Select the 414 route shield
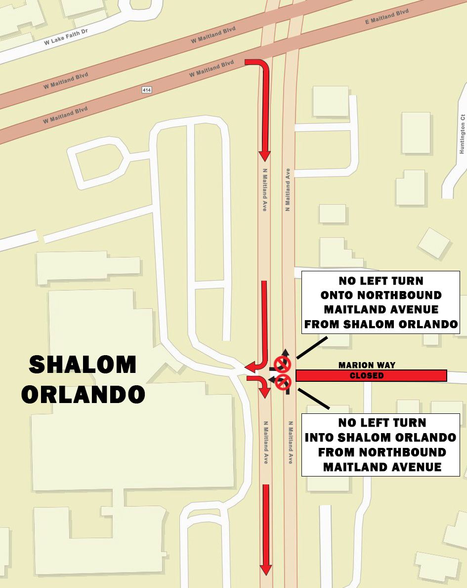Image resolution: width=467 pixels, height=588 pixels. click(x=146, y=90)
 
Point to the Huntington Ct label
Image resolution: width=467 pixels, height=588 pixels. click(x=463, y=134)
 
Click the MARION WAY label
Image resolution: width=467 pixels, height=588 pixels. click(x=367, y=366)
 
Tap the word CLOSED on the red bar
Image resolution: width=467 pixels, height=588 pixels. click(x=367, y=376)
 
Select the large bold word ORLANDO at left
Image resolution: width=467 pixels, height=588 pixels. click(x=83, y=394)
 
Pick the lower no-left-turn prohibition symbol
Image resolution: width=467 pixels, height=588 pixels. click(x=283, y=381)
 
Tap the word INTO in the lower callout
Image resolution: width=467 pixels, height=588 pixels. click(x=322, y=438)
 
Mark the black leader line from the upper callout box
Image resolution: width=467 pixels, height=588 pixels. click(x=311, y=348)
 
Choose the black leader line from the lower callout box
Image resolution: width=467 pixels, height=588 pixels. click(x=314, y=399)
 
